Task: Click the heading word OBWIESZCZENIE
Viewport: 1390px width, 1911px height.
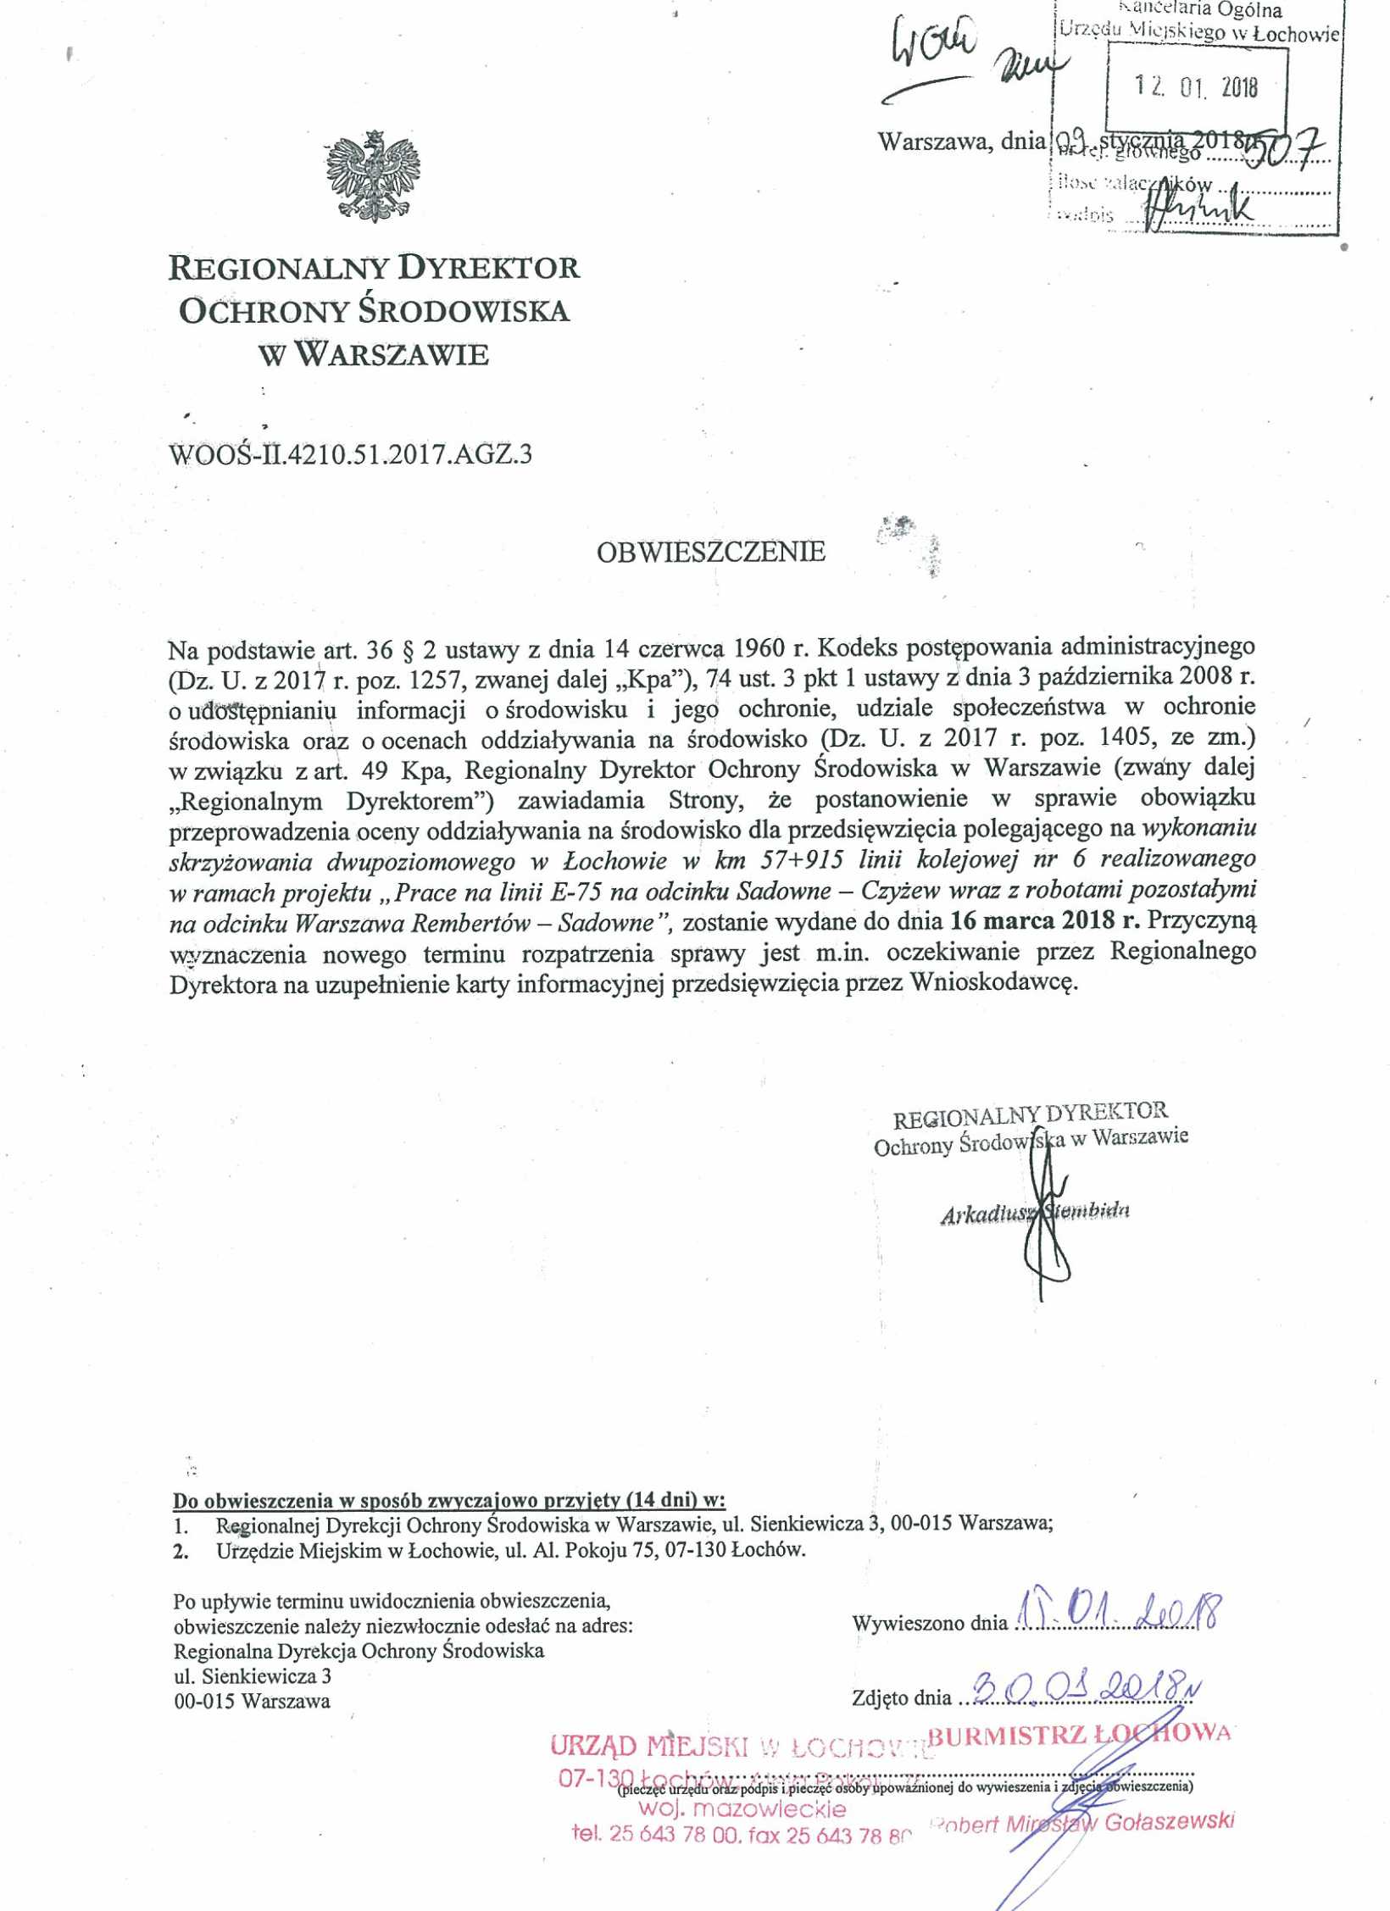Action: tap(710, 553)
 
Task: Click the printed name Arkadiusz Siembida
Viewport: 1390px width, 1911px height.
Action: tap(1036, 1213)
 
